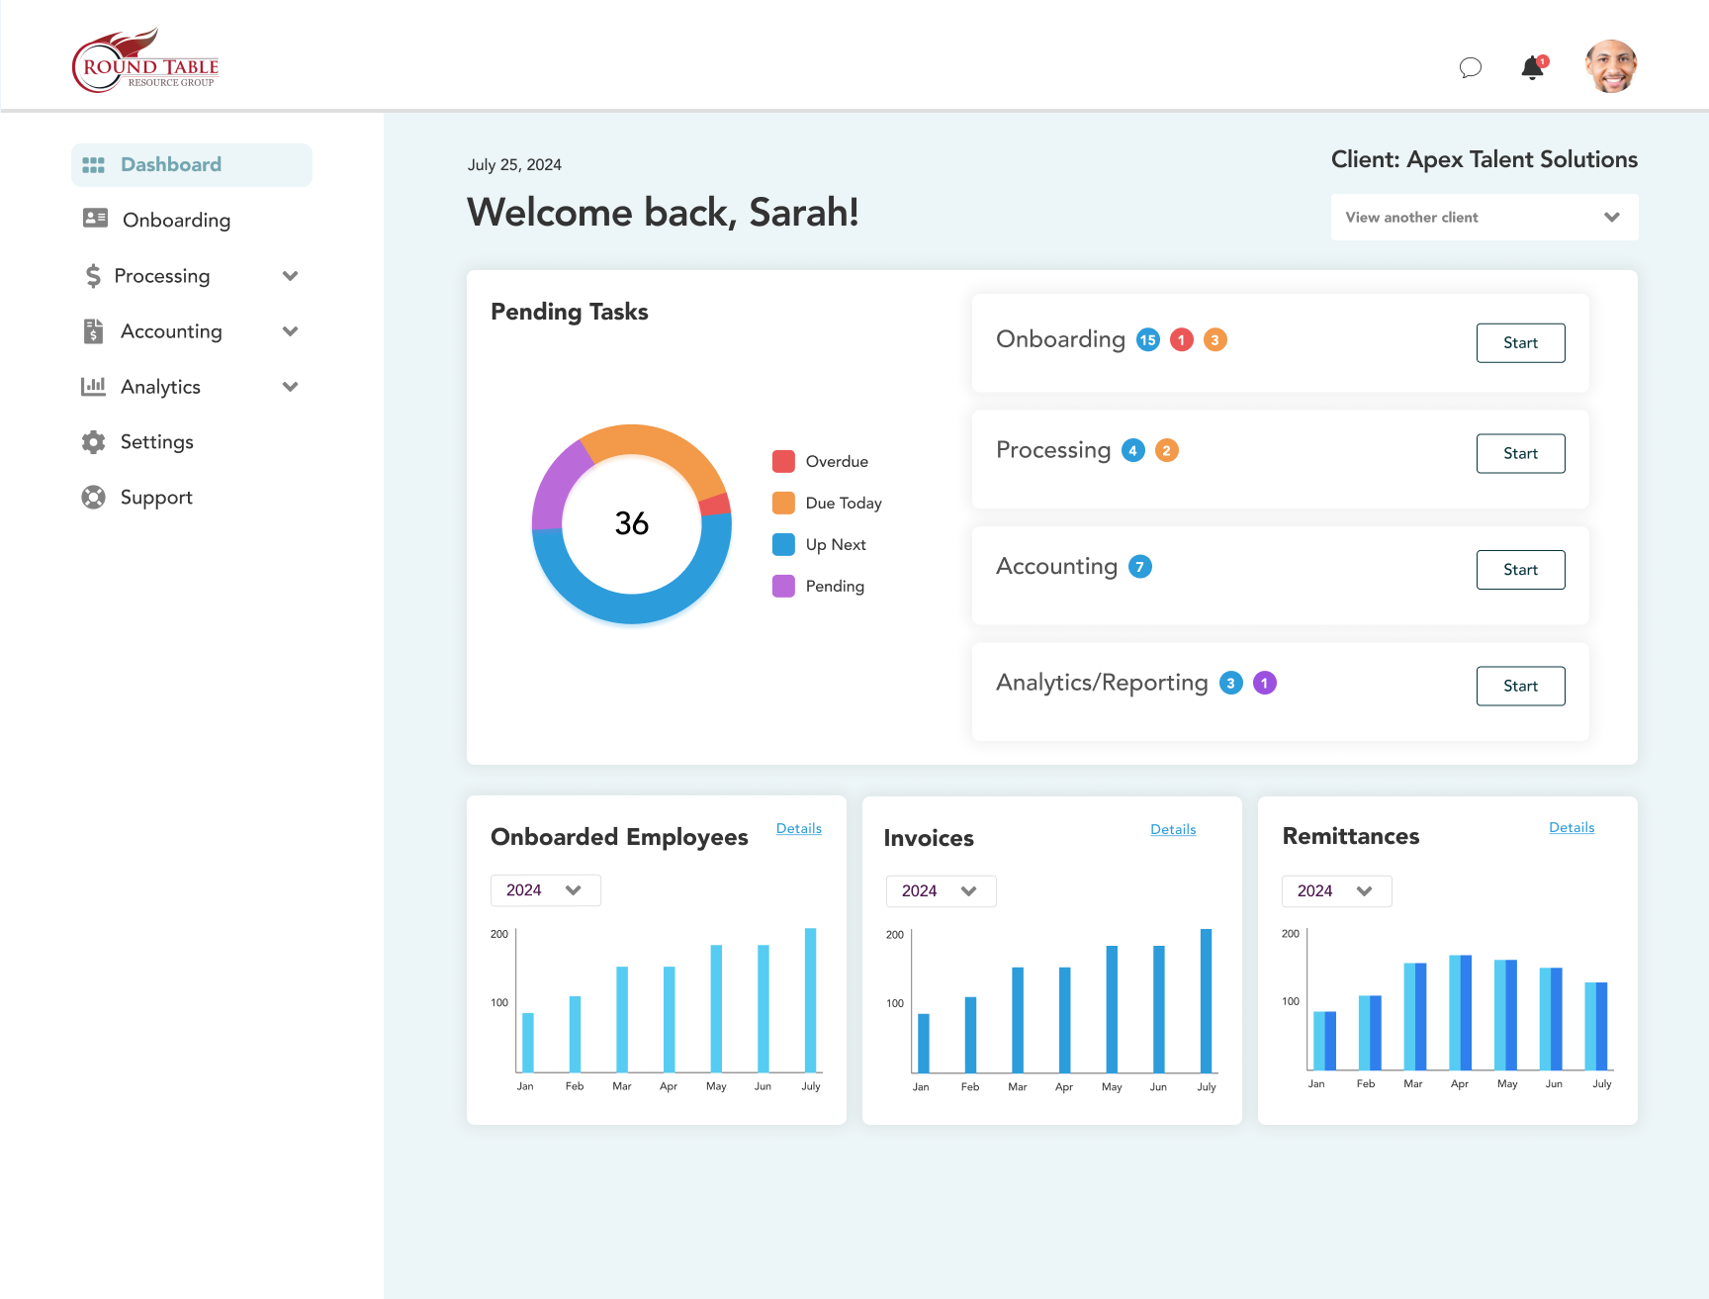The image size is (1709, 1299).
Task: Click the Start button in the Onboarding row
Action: click(1520, 343)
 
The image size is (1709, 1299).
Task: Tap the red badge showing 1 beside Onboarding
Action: click(1181, 340)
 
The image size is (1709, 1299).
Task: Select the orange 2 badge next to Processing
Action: click(1166, 451)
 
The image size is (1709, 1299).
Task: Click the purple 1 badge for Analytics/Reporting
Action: click(1264, 684)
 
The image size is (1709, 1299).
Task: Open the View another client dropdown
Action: click(1484, 218)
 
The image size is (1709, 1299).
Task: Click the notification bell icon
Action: click(1532, 67)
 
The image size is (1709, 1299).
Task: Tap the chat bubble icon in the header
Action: click(1471, 67)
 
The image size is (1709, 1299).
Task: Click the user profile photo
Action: click(1610, 66)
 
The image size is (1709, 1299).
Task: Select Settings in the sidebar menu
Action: click(156, 442)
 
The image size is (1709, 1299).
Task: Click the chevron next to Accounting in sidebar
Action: click(290, 331)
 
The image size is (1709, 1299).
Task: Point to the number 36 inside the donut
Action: click(632, 523)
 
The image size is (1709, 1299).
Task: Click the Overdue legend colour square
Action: click(783, 462)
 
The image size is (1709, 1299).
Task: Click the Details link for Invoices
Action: click(1173, 830)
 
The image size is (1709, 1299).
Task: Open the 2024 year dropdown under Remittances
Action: click(1336, 891)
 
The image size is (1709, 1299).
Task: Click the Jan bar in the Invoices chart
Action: click(923, 1043)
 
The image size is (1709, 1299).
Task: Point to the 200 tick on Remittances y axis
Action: click(1291, 934)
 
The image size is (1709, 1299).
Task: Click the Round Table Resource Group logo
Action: click(145, 62)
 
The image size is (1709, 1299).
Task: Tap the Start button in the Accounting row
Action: click(1520, 570)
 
